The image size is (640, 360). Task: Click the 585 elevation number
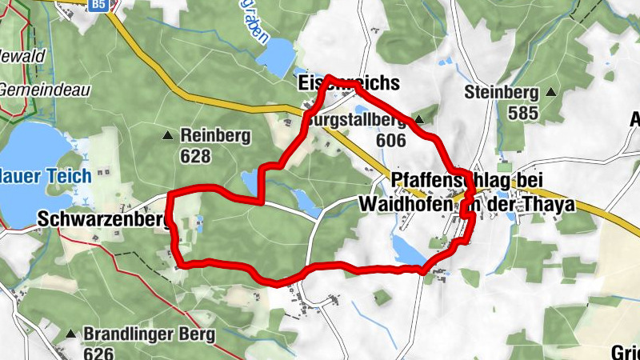tap(522, 113)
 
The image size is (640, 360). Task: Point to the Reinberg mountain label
tap(216, 135)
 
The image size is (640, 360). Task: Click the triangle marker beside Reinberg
tap(167, 135)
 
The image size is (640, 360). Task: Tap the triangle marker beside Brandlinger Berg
tap(71, 334)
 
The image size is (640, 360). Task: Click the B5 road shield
tap(98, 5)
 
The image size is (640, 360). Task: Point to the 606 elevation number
tap(390, 140)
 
